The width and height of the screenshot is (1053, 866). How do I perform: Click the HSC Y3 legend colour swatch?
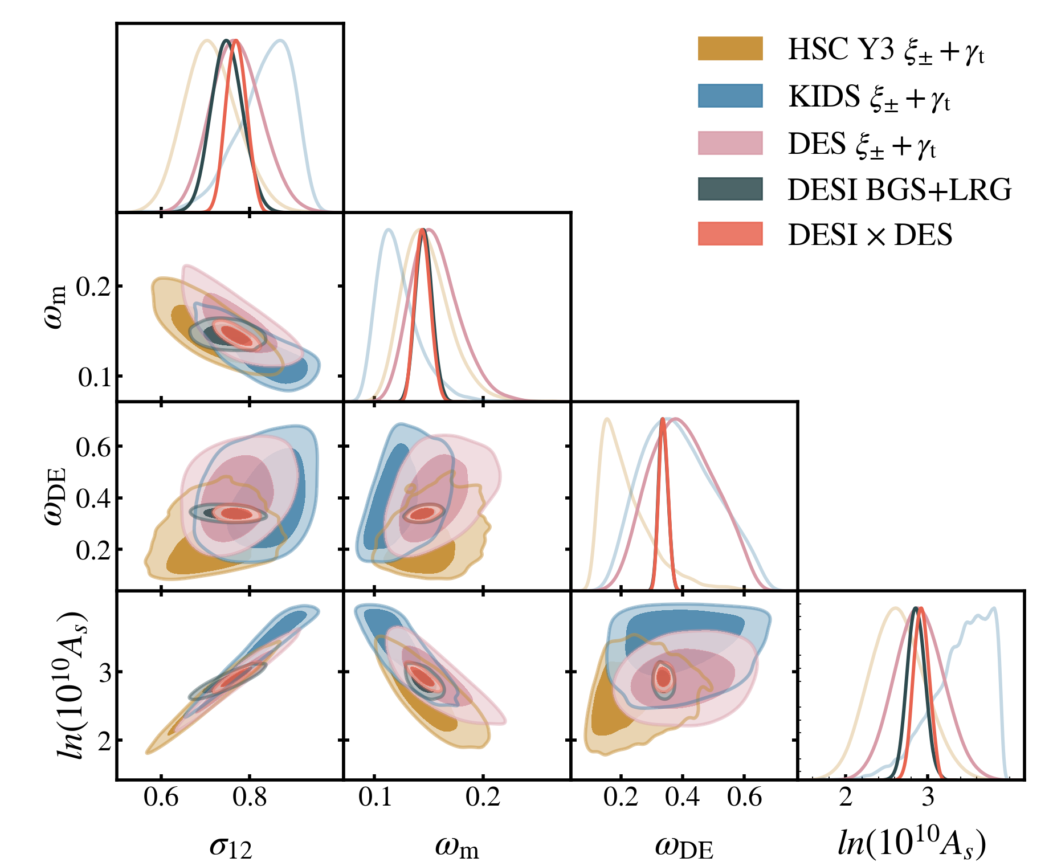tap(730, 48)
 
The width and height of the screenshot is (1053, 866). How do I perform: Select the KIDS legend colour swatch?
tap(730, 96)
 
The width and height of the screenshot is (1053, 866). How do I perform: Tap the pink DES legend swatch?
tap(730, 143)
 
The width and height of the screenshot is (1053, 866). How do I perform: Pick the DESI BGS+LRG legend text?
tap(899, 190)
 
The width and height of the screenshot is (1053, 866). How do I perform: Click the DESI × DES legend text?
tap(870, 235)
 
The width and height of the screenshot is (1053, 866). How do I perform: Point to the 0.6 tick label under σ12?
tap(161, 796)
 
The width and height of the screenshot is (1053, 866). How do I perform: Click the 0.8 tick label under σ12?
tap(250, 796)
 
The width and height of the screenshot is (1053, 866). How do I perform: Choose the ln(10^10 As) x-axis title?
tap(912, 843)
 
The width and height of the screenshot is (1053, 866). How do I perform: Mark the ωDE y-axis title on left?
tap(55, 496)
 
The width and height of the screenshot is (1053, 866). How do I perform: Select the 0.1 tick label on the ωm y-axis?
tap(95, 377)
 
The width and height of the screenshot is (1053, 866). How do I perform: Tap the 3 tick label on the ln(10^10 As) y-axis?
tap(105, 672)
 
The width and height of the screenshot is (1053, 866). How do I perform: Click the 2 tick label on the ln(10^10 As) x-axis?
tap(846, 796)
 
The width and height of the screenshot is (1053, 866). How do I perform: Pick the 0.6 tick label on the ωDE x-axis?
tap(744, 796)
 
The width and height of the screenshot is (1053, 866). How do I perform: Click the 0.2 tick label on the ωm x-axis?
tap(483, 796)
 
